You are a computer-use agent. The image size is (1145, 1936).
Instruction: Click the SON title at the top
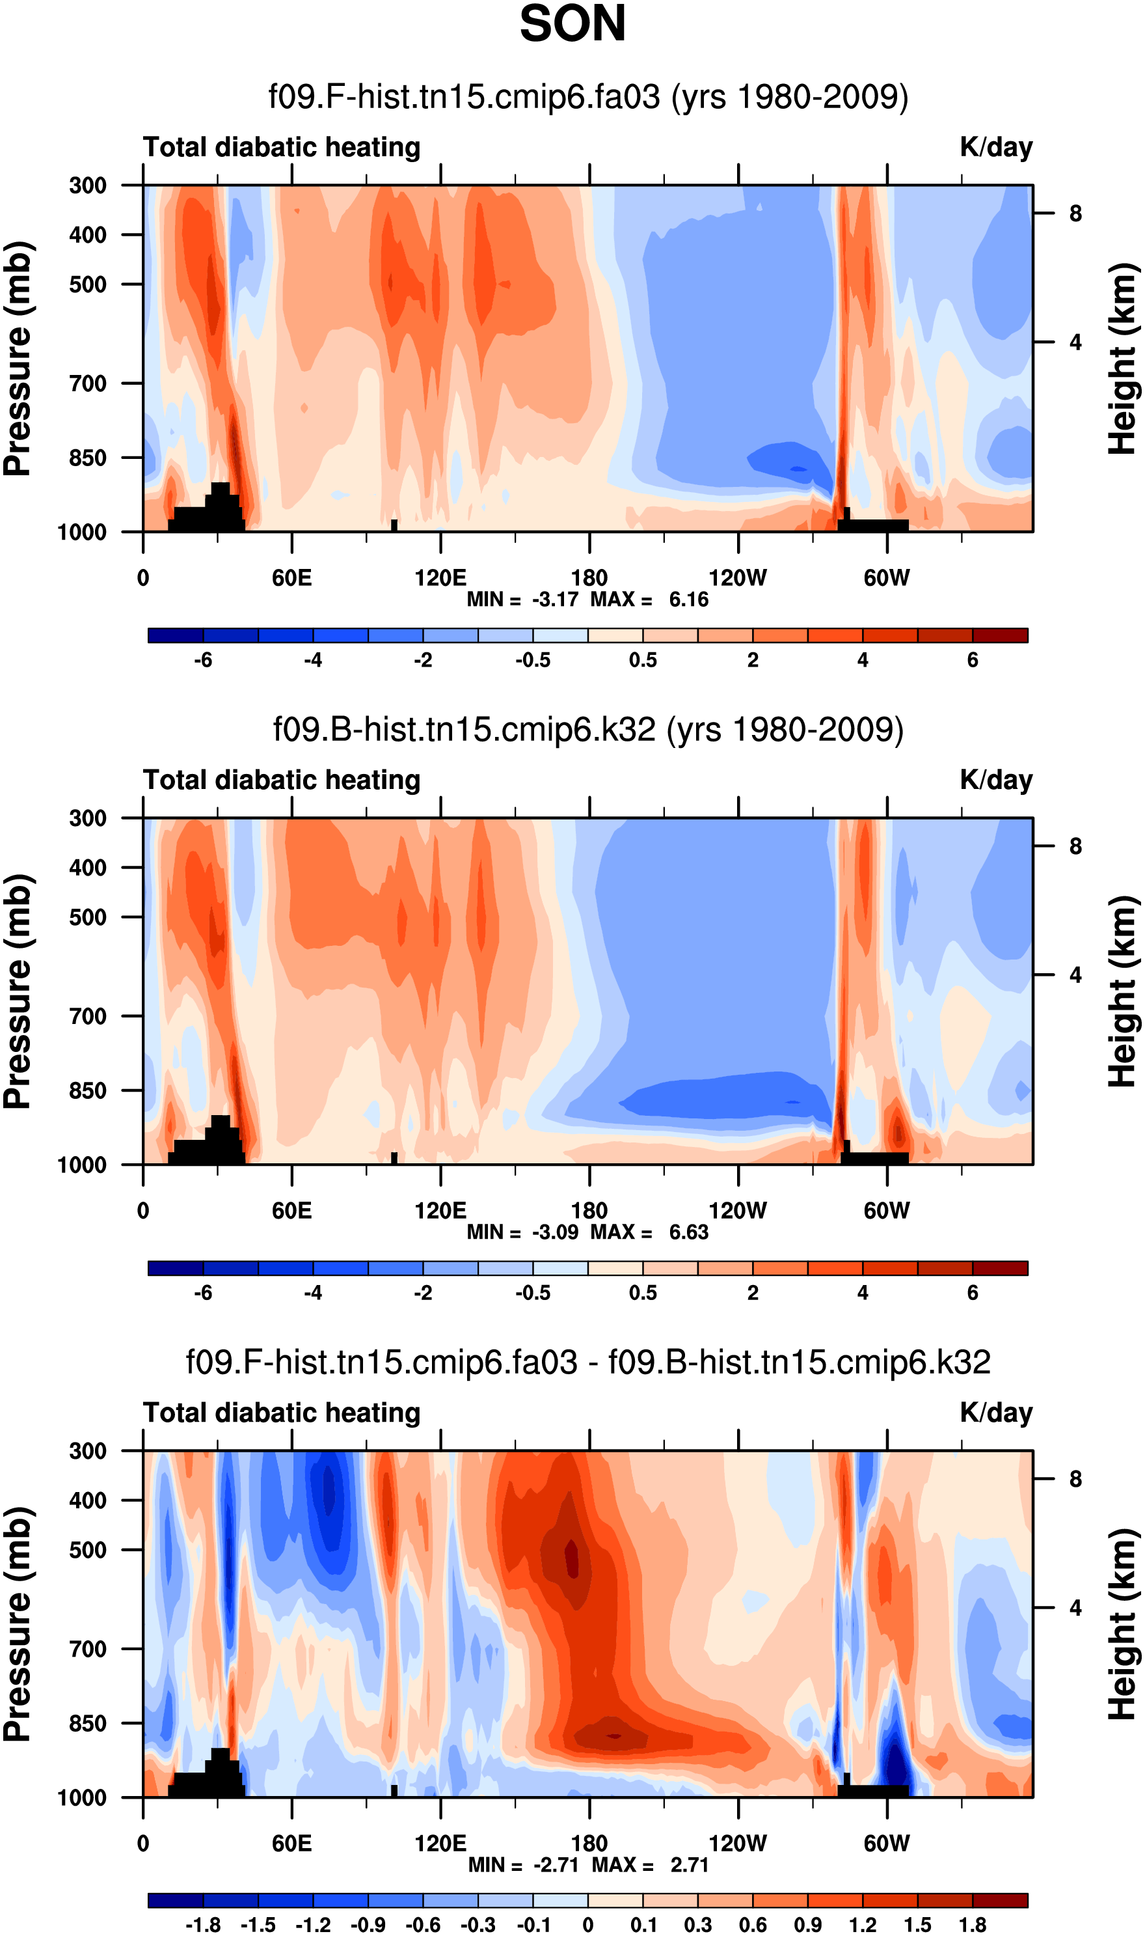tap(572, 25)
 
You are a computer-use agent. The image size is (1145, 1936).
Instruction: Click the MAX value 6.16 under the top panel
tap(688, 600)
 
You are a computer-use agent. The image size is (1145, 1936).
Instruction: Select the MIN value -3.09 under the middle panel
tap(555, 1233)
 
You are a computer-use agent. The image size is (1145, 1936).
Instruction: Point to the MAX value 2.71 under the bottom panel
tap(689, 1865)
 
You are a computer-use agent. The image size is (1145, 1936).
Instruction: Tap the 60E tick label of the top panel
tap(291, 578)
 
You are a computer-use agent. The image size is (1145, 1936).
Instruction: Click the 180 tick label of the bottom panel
tap(589, 1844)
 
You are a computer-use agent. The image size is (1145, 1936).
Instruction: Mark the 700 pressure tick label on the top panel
tap(88, 383)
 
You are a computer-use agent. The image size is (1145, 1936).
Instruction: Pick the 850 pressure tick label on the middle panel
tap(88, 1091)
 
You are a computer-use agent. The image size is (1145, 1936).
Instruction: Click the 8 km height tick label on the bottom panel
tap(1075, 1480)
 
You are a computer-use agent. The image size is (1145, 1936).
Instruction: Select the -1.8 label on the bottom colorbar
tap(203, 1925)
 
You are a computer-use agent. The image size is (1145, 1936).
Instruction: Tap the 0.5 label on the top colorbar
tap(643, 661)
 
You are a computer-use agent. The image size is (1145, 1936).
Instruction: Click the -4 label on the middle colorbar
tap(314, 1293)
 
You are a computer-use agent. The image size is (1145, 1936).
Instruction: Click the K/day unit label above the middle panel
tap(996, 781)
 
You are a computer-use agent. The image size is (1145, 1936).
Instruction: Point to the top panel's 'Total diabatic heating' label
tap(282, 147)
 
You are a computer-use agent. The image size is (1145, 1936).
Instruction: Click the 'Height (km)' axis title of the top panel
tap(1123, 359)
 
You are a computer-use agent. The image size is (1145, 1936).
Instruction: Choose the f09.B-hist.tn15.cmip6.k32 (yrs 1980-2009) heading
tap(588, 730)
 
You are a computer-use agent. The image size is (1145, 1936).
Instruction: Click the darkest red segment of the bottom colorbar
tap(1000, 1900)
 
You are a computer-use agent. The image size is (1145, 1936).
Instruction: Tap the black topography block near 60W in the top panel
tap(874, 526)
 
